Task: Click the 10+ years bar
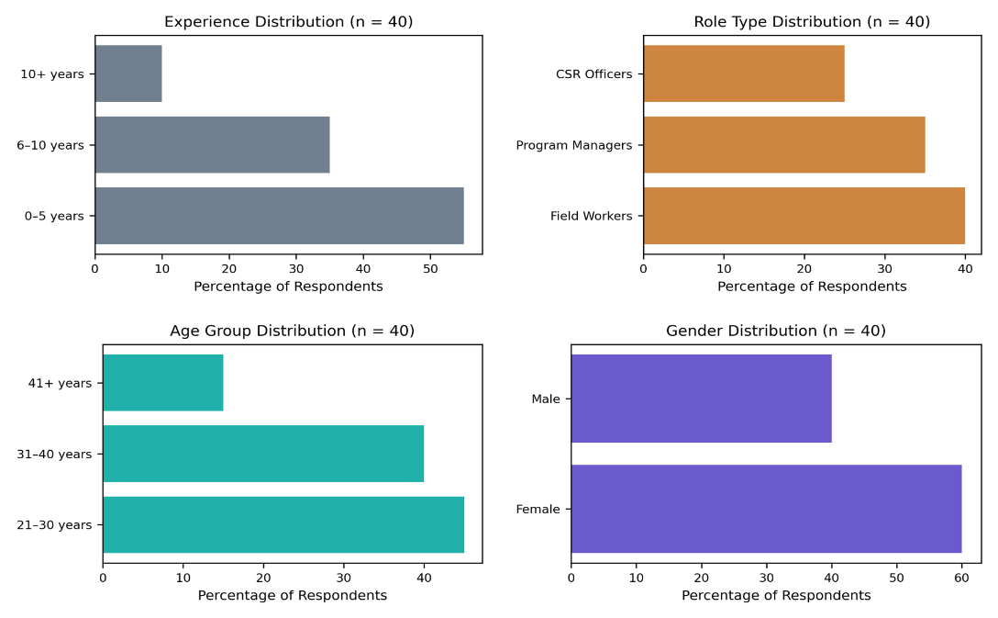pos(128,73)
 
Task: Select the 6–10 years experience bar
pos(213,144)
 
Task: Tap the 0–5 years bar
pos(280,216)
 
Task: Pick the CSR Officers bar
pos(744,73)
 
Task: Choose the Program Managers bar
pos(784,144)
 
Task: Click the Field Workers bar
pos(804,216)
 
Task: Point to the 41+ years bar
pos(163,382)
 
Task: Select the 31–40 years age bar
pos(263,454)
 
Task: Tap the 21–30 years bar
pos(283,524)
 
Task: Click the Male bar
pos(702,399)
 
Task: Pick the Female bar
pos(766,509)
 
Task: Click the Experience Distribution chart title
pos(288,22)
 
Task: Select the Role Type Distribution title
pos(812,22)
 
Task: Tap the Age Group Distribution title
pos(292,331)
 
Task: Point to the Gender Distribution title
pos(776,331)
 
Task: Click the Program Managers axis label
pos(574,145)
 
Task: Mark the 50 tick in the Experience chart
pos(430,269)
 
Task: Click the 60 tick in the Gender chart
pos(961,578)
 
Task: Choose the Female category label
pos(538,509)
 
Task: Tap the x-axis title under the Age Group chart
pos(292,595)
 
